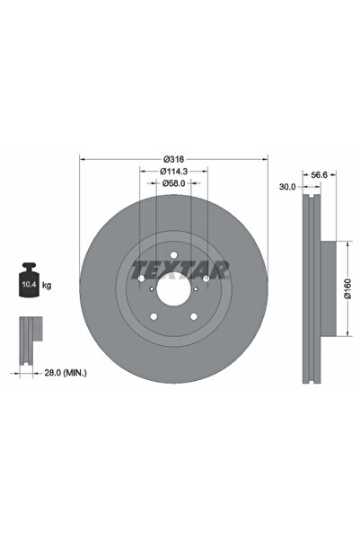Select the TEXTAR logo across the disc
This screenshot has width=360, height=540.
[180, 269]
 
